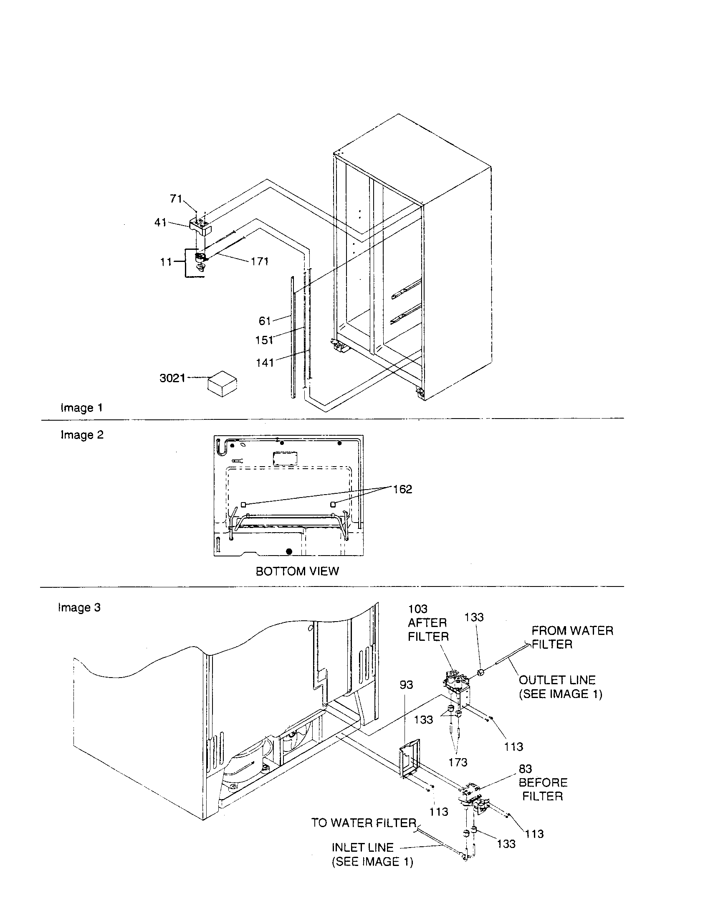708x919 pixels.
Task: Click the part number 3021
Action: point(172,378)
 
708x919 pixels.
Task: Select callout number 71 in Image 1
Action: point(176,198)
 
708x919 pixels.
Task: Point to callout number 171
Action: point(259,261)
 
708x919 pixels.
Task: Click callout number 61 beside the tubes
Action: point(264,321)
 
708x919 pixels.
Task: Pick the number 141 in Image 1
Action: point(265,362)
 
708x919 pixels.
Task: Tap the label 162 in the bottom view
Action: point(402,489)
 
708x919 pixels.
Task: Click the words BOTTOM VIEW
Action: point(297,571)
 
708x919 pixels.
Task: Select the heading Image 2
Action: point(82,435)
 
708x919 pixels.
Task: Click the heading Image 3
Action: point(79,607)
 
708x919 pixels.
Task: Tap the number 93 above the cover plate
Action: point(406,685)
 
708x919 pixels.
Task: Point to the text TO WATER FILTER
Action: point(364,823)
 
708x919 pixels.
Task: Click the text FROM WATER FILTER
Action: point(572,637)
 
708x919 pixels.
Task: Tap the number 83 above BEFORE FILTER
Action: point(525,769)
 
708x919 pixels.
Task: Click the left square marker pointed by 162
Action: point(243,504)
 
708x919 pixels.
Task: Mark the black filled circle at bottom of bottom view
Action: point(289,551)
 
